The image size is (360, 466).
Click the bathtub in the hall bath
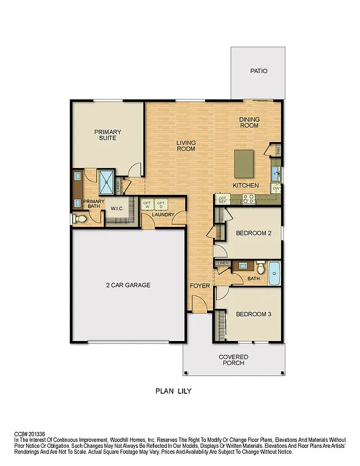[274, 274]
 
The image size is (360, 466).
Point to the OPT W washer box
[147, 204]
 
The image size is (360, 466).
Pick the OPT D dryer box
[161, 204]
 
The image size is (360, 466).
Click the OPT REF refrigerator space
[222, 199]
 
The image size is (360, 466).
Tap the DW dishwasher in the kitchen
[276, 189]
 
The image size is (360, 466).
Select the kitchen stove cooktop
[248, 197]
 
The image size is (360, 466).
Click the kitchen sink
[276, 174]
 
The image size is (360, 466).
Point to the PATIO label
[259, 71]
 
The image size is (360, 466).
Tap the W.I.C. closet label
[117, 209]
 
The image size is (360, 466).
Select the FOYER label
[200, 285]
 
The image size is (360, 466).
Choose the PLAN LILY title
[174, 391]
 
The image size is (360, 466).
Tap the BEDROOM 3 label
[253, 314]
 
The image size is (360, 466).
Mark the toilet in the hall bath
[260, 267]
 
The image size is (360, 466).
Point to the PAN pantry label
[277, 150]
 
